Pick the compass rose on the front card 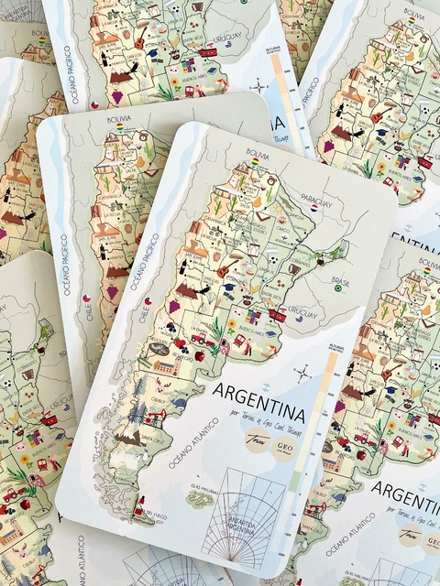[x=302, y=372]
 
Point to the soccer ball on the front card [x=274, y=259]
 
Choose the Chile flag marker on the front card [x=148, y=299]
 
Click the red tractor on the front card [x=198, y=340]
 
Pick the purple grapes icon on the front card [x=173, y=305]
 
